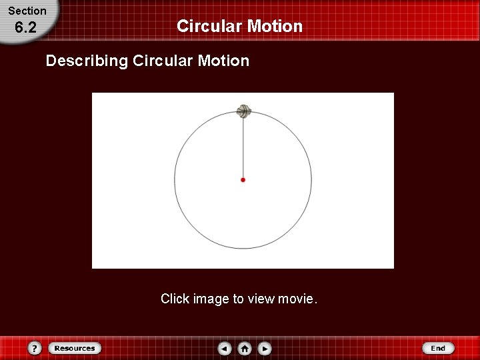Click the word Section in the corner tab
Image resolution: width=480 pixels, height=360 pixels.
[x=27, y=11]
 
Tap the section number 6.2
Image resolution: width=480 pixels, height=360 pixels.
[x=25, y=28]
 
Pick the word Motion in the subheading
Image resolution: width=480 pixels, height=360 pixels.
[x=223, y=61]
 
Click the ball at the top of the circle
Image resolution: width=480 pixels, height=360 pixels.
[x=243, y=111]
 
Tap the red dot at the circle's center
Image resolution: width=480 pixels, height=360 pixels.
[x=243, y=180]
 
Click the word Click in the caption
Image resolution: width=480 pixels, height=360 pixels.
[x=175, y=299]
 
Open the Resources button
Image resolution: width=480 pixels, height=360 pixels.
[x=75, y=348]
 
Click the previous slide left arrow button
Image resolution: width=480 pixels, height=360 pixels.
[x=225, y=348]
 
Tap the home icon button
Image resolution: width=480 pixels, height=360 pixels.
[x=245, y=348]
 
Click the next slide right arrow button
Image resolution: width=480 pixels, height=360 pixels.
[x=265, y=348]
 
